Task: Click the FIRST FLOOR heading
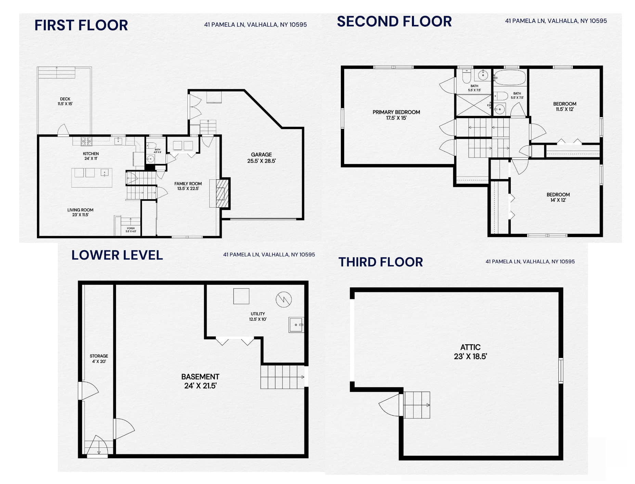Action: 81,25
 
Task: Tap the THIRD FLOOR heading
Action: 380,262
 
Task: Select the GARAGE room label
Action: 261,158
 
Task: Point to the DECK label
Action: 65,101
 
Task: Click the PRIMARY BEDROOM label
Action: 396,115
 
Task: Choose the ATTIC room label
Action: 470,352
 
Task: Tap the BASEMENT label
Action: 200,381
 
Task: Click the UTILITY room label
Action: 258,316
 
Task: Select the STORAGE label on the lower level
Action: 99,359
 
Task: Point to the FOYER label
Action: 131,230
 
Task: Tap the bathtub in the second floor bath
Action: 510,78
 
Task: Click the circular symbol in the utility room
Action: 284,300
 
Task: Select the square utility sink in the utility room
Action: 296,325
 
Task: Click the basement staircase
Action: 283,377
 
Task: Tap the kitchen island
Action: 92,178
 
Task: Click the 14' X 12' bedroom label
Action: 558,197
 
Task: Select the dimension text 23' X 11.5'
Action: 80,215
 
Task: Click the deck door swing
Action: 63,130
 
